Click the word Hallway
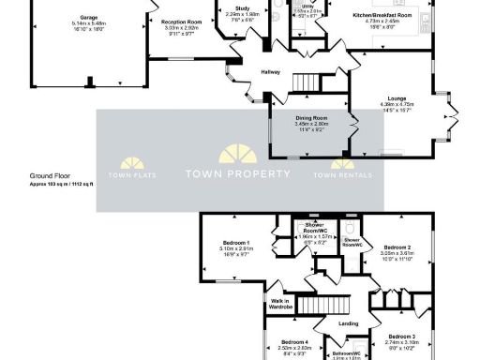tap(248, 82)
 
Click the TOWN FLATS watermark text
tap(130, 175)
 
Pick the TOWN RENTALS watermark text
tap(342, 175)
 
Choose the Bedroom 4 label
tap(295, 342)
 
